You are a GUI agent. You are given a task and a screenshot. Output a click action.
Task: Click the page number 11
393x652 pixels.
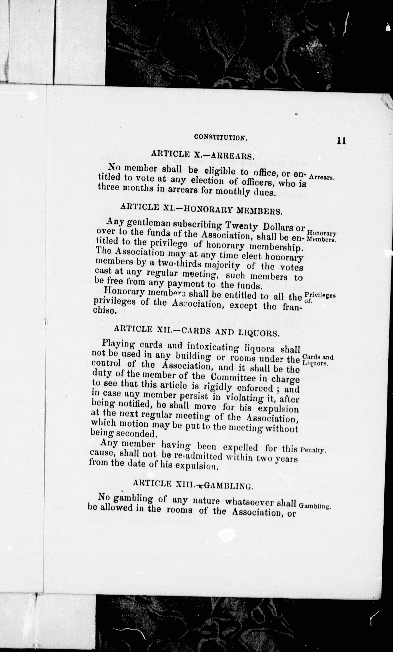341,140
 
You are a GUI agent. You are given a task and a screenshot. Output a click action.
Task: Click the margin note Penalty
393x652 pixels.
312,450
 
